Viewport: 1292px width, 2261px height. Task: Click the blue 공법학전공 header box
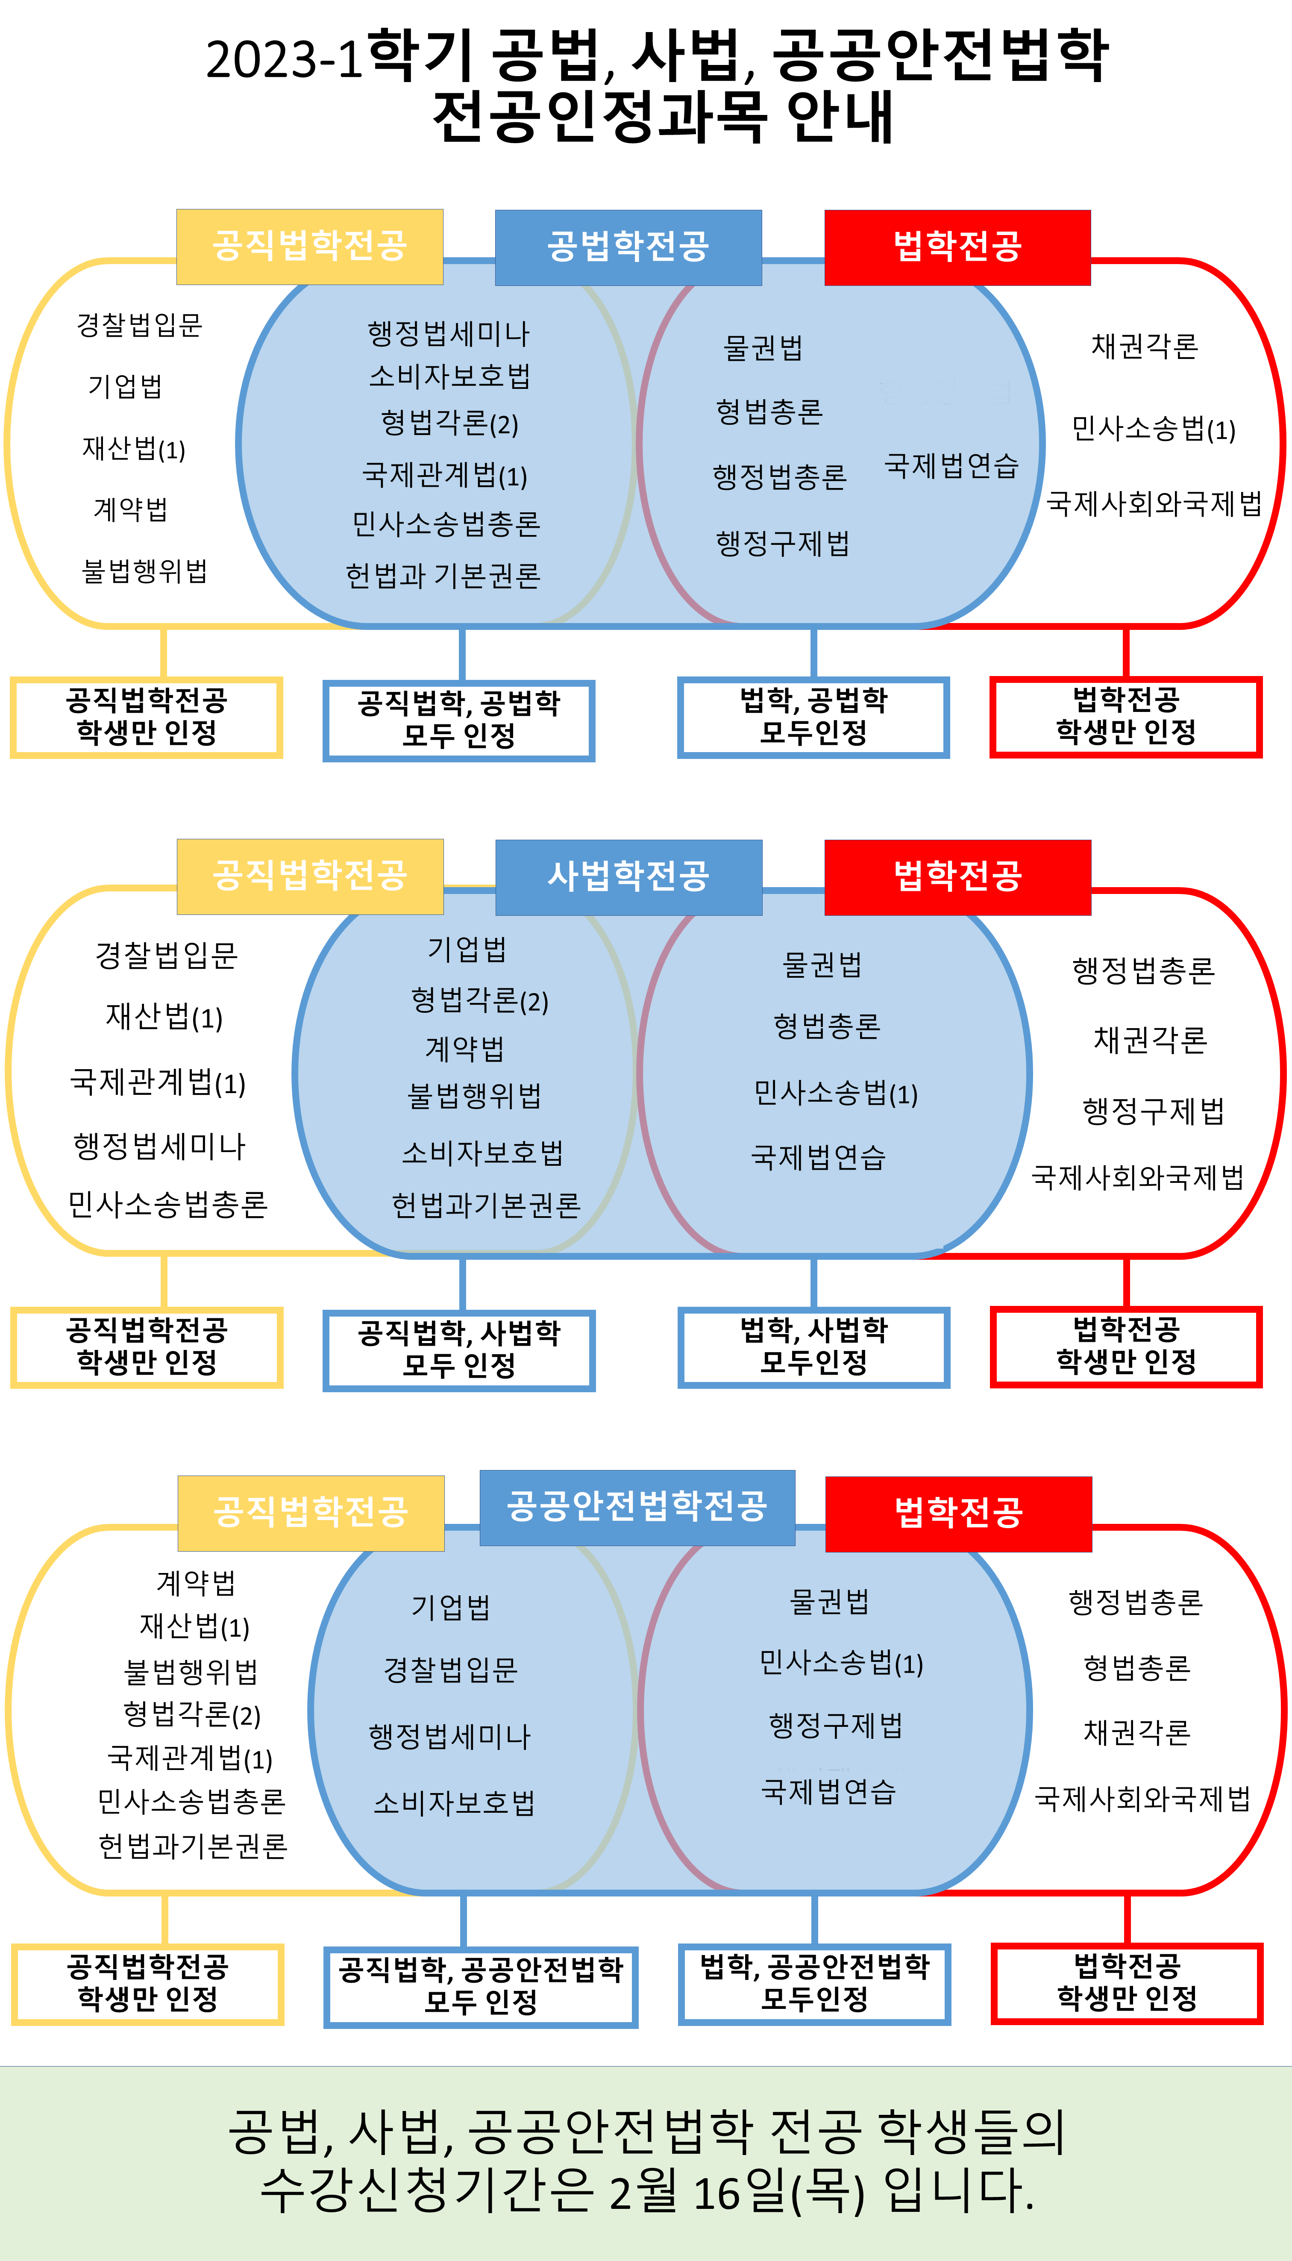tap(628, 247)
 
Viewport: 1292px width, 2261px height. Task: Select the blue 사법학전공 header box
tap(628, 877)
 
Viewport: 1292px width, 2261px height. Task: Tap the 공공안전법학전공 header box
tap(637, 1507)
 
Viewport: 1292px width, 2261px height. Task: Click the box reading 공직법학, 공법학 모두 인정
tap(459, 720)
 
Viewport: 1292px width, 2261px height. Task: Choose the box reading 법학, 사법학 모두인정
tap(814, 1346)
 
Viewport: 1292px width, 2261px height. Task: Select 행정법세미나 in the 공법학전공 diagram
tap(448, 334)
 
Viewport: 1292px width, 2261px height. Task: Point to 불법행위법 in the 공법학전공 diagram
tap(145, 570)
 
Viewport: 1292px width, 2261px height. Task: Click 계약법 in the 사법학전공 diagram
tap(465, 1049)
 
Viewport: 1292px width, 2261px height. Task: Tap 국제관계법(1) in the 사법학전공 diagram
tap(158, 1082)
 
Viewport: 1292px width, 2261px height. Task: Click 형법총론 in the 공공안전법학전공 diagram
tap(1137, 1667)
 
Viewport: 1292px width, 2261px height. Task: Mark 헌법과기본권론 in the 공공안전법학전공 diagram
tap(193, 1846)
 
